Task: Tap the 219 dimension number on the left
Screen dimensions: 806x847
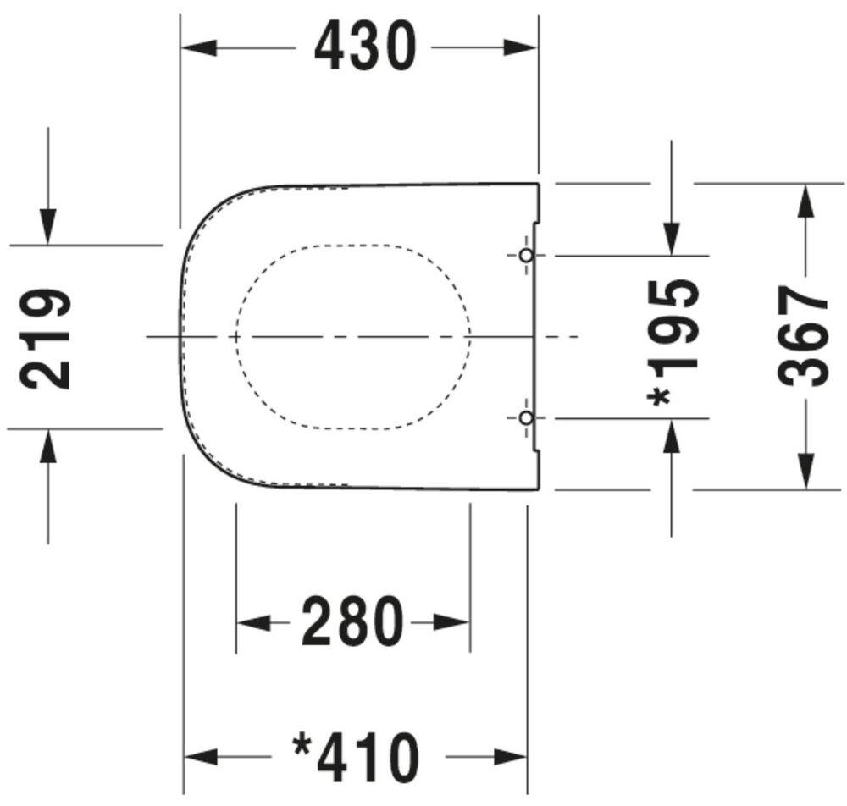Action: click(x=46, y=338)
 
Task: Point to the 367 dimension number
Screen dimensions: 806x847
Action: click(x=803, y=336)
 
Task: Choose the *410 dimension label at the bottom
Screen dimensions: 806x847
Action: click(x=356, y=756)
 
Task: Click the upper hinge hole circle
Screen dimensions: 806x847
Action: click(x=526, y=255)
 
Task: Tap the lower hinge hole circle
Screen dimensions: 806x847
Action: click(x=526, y=417)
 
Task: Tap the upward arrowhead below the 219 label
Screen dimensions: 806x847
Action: click(x=47, y=446)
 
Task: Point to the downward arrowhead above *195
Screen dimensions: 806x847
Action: click(x=672, y=238)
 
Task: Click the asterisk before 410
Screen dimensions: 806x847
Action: click(x=302, y=746)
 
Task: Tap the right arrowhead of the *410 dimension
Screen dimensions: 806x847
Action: click(x=510, y=756)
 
